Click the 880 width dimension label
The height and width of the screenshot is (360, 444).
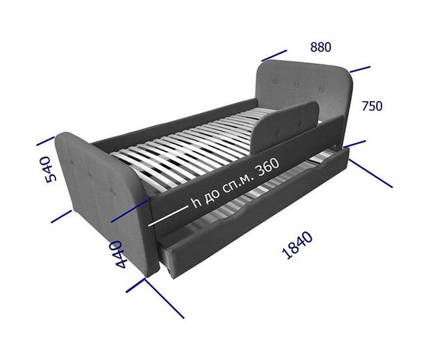pyautogui.click(x=321, y=48)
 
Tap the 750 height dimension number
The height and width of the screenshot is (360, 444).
pyautogui.click(x=372, y=106)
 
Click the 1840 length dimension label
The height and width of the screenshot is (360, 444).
pyautogui.click(x=298, y=245)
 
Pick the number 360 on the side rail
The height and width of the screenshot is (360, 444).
pyautogui.click(x=267, y=168)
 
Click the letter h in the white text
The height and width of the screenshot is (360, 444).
pyautogui.click(x=196, y=203)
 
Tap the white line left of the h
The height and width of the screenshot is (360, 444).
pyautogui.click(x=168, y=217)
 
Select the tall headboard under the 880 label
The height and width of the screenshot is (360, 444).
pyautogui.click(x=305, y=90)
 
